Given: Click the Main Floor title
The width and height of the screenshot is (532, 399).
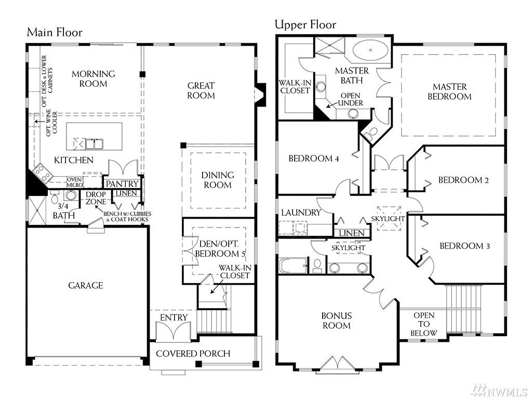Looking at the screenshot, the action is (x=55, y=32).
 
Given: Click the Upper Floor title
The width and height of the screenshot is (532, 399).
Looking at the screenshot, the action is (x=305, y=24).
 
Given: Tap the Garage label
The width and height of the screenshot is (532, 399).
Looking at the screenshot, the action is (x=86, y=285).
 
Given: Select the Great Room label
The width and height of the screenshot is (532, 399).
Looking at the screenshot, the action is (x=201, y=90).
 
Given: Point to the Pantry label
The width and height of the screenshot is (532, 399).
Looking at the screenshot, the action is (x=122, y=184).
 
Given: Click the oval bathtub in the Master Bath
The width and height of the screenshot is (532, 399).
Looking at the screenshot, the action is (x=370, y=50).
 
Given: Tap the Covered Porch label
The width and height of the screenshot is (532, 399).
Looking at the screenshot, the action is (x=193, y=353).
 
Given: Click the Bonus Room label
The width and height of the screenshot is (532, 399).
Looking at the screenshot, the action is (x=337, y=321).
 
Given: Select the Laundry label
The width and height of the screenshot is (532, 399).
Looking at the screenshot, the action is (x=301, y=212).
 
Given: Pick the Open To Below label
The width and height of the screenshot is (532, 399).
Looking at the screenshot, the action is (x=424, y=324).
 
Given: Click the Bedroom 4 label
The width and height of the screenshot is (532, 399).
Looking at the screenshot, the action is (x=314, y=158).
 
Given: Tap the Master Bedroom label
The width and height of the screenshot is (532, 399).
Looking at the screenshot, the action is (x=449, y=91).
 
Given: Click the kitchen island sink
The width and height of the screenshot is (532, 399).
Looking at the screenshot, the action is (x=95, y=144).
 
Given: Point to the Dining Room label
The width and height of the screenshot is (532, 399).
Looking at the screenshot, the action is (x=218, y=180).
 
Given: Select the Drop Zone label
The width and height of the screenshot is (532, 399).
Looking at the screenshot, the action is (x=96, y=198).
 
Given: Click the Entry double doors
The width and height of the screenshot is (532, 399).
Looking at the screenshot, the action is (x=174, y=330).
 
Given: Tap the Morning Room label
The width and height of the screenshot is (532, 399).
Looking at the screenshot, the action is (x=94, y=79).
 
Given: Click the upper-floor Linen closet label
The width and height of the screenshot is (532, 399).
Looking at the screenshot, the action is (x=352, y=233).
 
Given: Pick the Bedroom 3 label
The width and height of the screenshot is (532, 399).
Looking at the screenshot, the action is (x=464, y=246).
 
